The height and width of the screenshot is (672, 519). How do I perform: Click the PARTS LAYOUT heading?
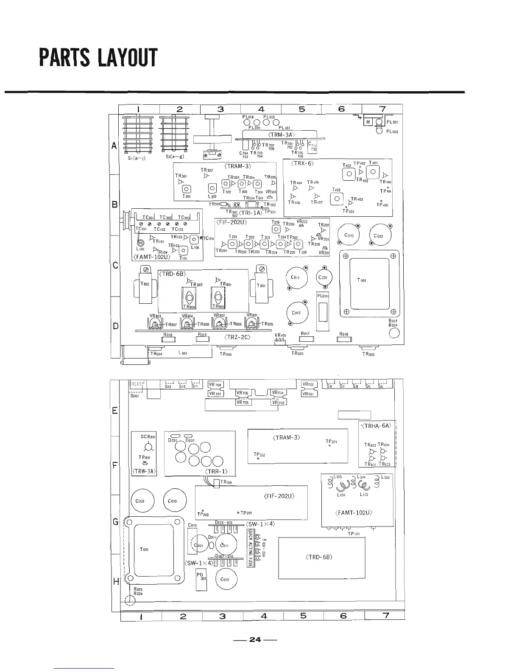tap(98, 58)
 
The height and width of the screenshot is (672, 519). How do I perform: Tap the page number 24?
tap(255, 639)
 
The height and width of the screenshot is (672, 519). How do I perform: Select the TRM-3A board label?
tap(282, 135)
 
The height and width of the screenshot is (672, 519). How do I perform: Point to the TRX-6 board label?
tap(302, 163)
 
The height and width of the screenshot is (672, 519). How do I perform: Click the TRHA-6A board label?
tap(377, 426)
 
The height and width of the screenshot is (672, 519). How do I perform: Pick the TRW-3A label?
tap(145, 471)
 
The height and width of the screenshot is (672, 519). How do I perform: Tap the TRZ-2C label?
tap(237, 337)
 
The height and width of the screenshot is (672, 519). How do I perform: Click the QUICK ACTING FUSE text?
tap(250, 548)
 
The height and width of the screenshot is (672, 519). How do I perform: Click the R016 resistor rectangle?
tap(344, 339)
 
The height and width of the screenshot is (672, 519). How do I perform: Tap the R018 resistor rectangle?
tap(168, 339)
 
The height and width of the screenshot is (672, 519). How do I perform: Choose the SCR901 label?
tap(148, 437)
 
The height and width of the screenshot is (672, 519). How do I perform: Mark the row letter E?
tap(114, 411)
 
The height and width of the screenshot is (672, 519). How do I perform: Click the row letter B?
tap(114, 205)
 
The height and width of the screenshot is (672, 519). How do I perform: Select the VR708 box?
tap(216, 385)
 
